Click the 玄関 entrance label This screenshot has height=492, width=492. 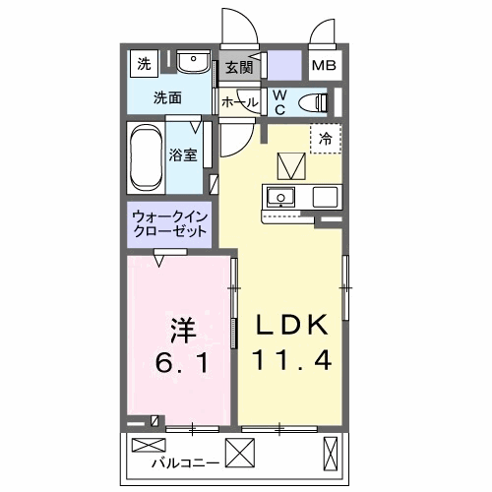239,68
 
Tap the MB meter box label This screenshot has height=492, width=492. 323,67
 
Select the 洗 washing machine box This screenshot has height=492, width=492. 144,65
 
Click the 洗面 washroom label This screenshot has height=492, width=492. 166,97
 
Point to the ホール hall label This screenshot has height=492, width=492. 239,102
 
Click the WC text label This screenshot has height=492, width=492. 278,101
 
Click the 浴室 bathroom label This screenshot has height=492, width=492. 182,154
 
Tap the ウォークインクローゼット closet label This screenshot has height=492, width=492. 169,224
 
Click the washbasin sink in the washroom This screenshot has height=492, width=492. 193,62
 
